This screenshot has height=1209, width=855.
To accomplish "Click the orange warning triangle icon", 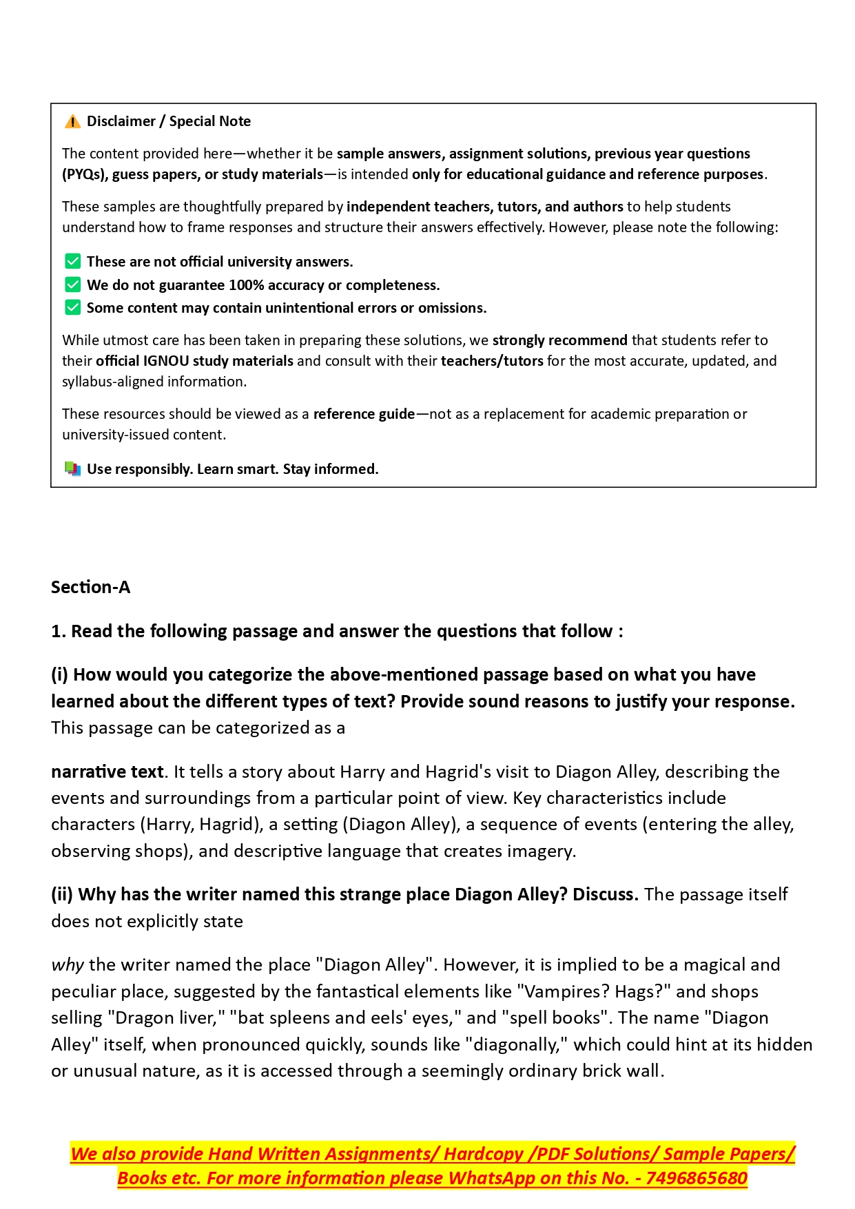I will click(x=72, y=122).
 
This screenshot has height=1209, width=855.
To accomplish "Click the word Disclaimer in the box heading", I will click(x=121, y=121).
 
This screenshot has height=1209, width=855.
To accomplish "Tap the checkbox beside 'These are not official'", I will click(x=73, y=262).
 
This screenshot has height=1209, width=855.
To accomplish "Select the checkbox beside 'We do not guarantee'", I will click(x=73, y=285).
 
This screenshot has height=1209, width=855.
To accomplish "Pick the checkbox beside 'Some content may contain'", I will click(x=73, y=307).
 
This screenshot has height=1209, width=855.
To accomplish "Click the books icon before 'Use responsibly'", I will click(x=72, y=469).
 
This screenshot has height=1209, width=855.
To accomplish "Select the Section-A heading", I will click(x=90, y=587).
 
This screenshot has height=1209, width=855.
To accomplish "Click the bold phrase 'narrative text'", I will click(x=107, y=772).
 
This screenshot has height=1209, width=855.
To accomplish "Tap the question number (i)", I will click(x=59, y=674).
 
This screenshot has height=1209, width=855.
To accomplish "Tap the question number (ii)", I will click(x=62, y=894).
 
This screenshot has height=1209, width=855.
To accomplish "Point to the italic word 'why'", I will click(x=68, y=964).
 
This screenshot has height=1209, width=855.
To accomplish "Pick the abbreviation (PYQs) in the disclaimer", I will click(x=84, y=174).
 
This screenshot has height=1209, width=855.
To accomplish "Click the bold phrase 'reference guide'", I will click(x=364, y=414).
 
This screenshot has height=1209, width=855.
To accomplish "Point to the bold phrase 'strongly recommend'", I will click(x=559, y=340).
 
